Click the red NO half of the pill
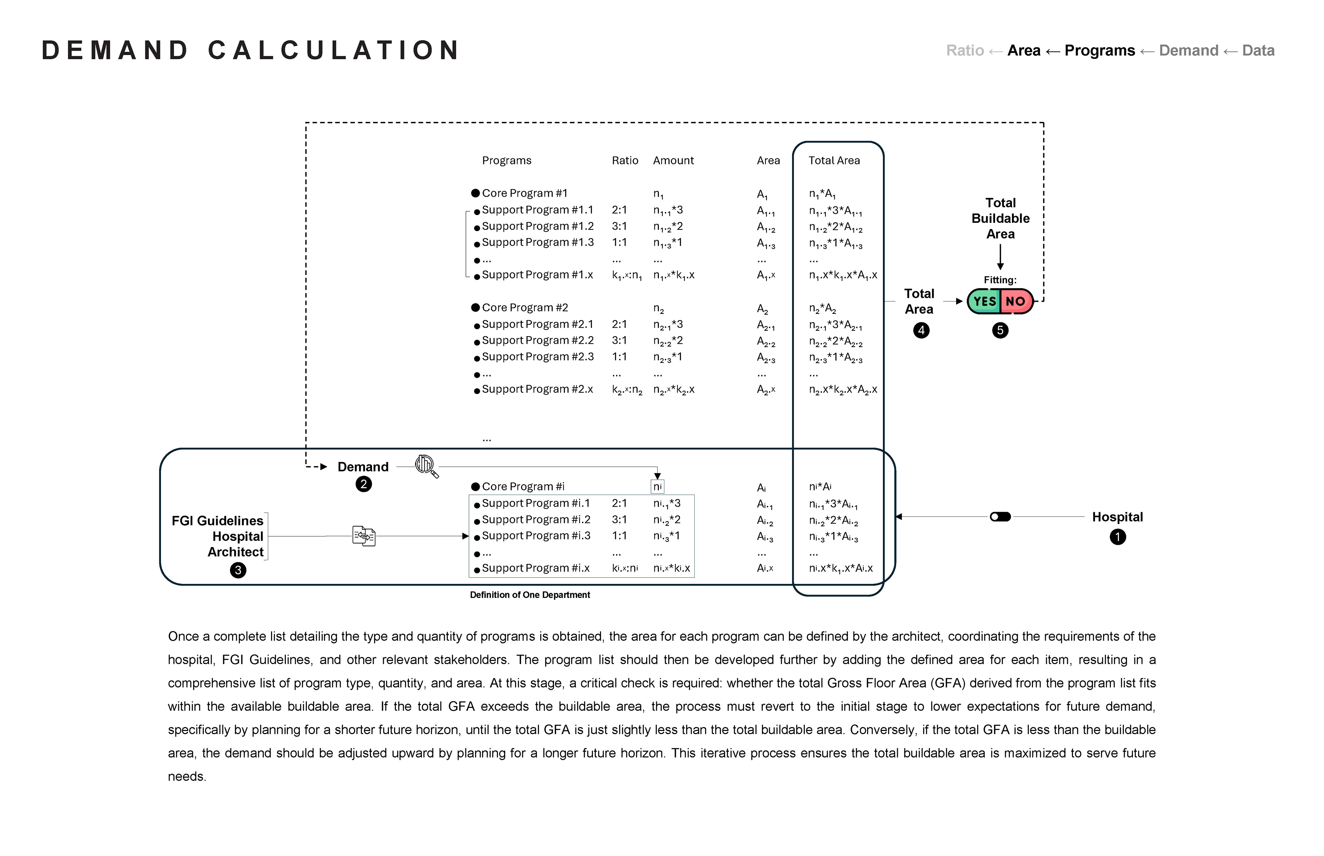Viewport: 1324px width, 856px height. coord(1015,301)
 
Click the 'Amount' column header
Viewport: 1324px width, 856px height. coord(673,161)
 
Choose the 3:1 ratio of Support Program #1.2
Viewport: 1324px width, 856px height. coord(619,226)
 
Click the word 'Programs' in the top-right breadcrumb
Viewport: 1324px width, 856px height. coord(1099,51)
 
